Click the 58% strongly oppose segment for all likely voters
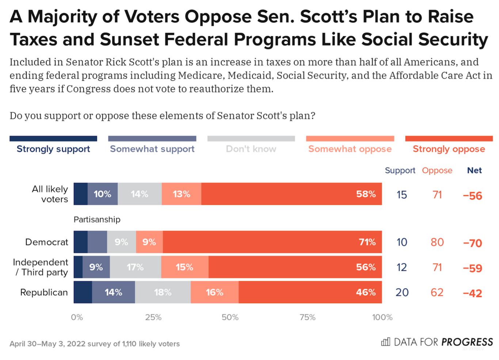tap(291, 194)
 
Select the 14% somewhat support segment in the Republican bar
tap(113, 292)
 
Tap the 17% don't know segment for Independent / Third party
tap(135, 267)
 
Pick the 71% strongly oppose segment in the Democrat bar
tap(272, 242)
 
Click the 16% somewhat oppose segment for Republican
tap(214, 292)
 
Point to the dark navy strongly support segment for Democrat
tap(80, 242)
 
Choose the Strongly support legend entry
tap(53, 149)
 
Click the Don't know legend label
tap(251, 149)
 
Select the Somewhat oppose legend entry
tap(350, 149)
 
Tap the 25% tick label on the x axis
tap(153, 317)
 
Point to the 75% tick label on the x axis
tap(308, 317)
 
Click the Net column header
tap(474, 170)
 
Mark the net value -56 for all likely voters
tap(472, 196)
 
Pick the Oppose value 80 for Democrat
tap(437, 242)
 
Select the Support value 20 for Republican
tap(402, 292)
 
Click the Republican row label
tap(44, 292)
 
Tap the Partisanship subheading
tap(97, 219)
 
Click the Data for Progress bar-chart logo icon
tap(385, 342)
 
